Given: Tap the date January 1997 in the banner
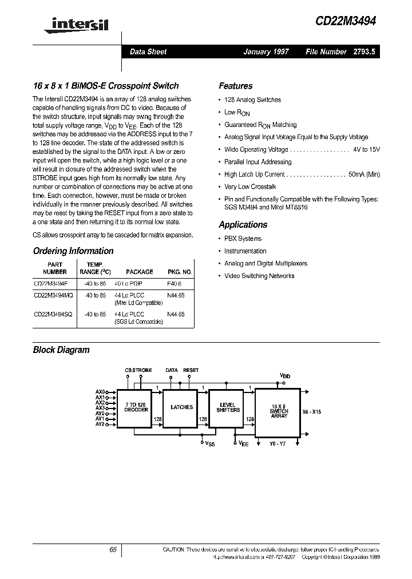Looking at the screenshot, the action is (x=266, y=52).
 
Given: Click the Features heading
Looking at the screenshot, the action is (x=235, y=86).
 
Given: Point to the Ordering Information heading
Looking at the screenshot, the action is (x=73, y=251).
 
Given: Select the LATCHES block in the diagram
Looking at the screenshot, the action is (x=182, y=407).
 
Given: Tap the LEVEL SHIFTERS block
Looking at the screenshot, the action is (x=228, y=407).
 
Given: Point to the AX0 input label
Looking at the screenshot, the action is (x=100, y=392).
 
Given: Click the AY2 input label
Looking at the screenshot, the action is (x=100, y=424).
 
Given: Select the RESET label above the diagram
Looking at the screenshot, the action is (x=191, y=370).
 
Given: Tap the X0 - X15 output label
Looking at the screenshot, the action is (x=311, y=411).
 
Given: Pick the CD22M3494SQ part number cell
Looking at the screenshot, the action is (x=53, y=315).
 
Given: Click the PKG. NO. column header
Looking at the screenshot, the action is (x=180, y=272).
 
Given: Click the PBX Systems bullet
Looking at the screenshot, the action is (x=243, y=239).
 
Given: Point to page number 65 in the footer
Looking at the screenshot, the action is (x=113, y=549).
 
